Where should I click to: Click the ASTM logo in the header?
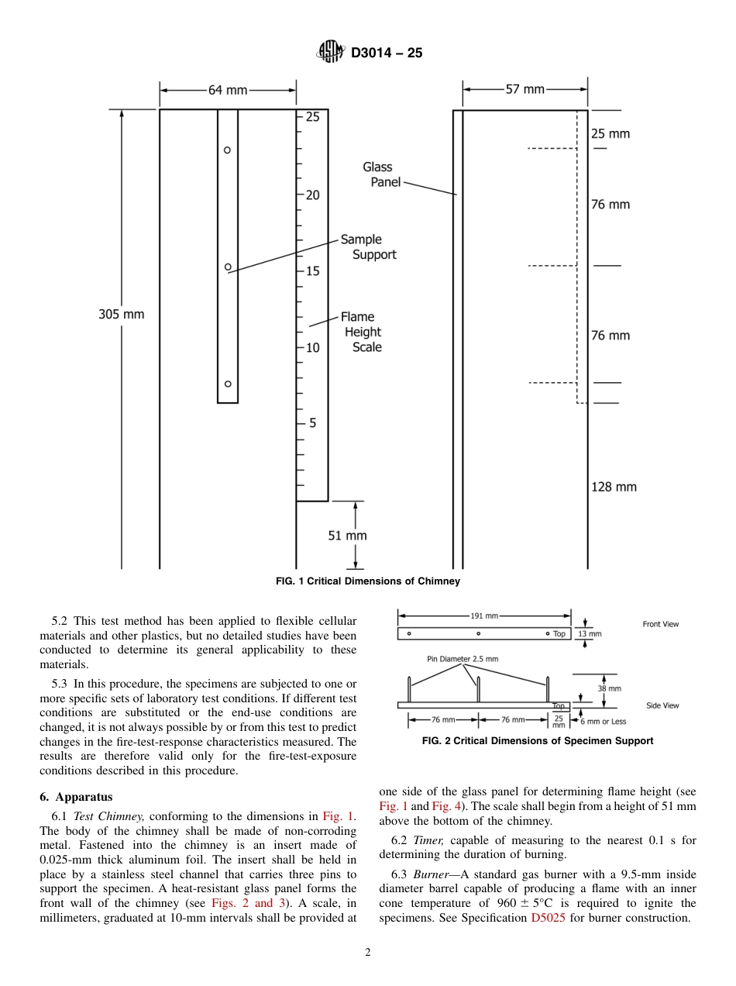(331, 53)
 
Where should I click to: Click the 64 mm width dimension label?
(228, 90)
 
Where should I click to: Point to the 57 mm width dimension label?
(525, 89)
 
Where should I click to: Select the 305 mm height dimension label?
(121, 314)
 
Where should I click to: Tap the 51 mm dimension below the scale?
(347, 535)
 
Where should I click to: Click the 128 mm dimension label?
(613, 487)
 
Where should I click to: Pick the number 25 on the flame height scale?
(312, 118)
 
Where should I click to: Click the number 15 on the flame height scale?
(312, 271)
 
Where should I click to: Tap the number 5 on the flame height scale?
(313, 423)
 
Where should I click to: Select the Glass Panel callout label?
(380, 174)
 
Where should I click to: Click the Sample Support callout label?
(367, 247)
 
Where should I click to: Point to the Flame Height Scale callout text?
(360, 332)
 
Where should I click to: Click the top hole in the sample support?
(228, 150)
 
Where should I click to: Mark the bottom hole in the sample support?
(228, 384)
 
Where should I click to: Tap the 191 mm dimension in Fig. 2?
(484, 616)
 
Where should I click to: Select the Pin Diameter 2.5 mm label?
(463, 659)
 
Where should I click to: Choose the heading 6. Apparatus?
(76, 796)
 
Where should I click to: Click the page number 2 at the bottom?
(368, 953)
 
